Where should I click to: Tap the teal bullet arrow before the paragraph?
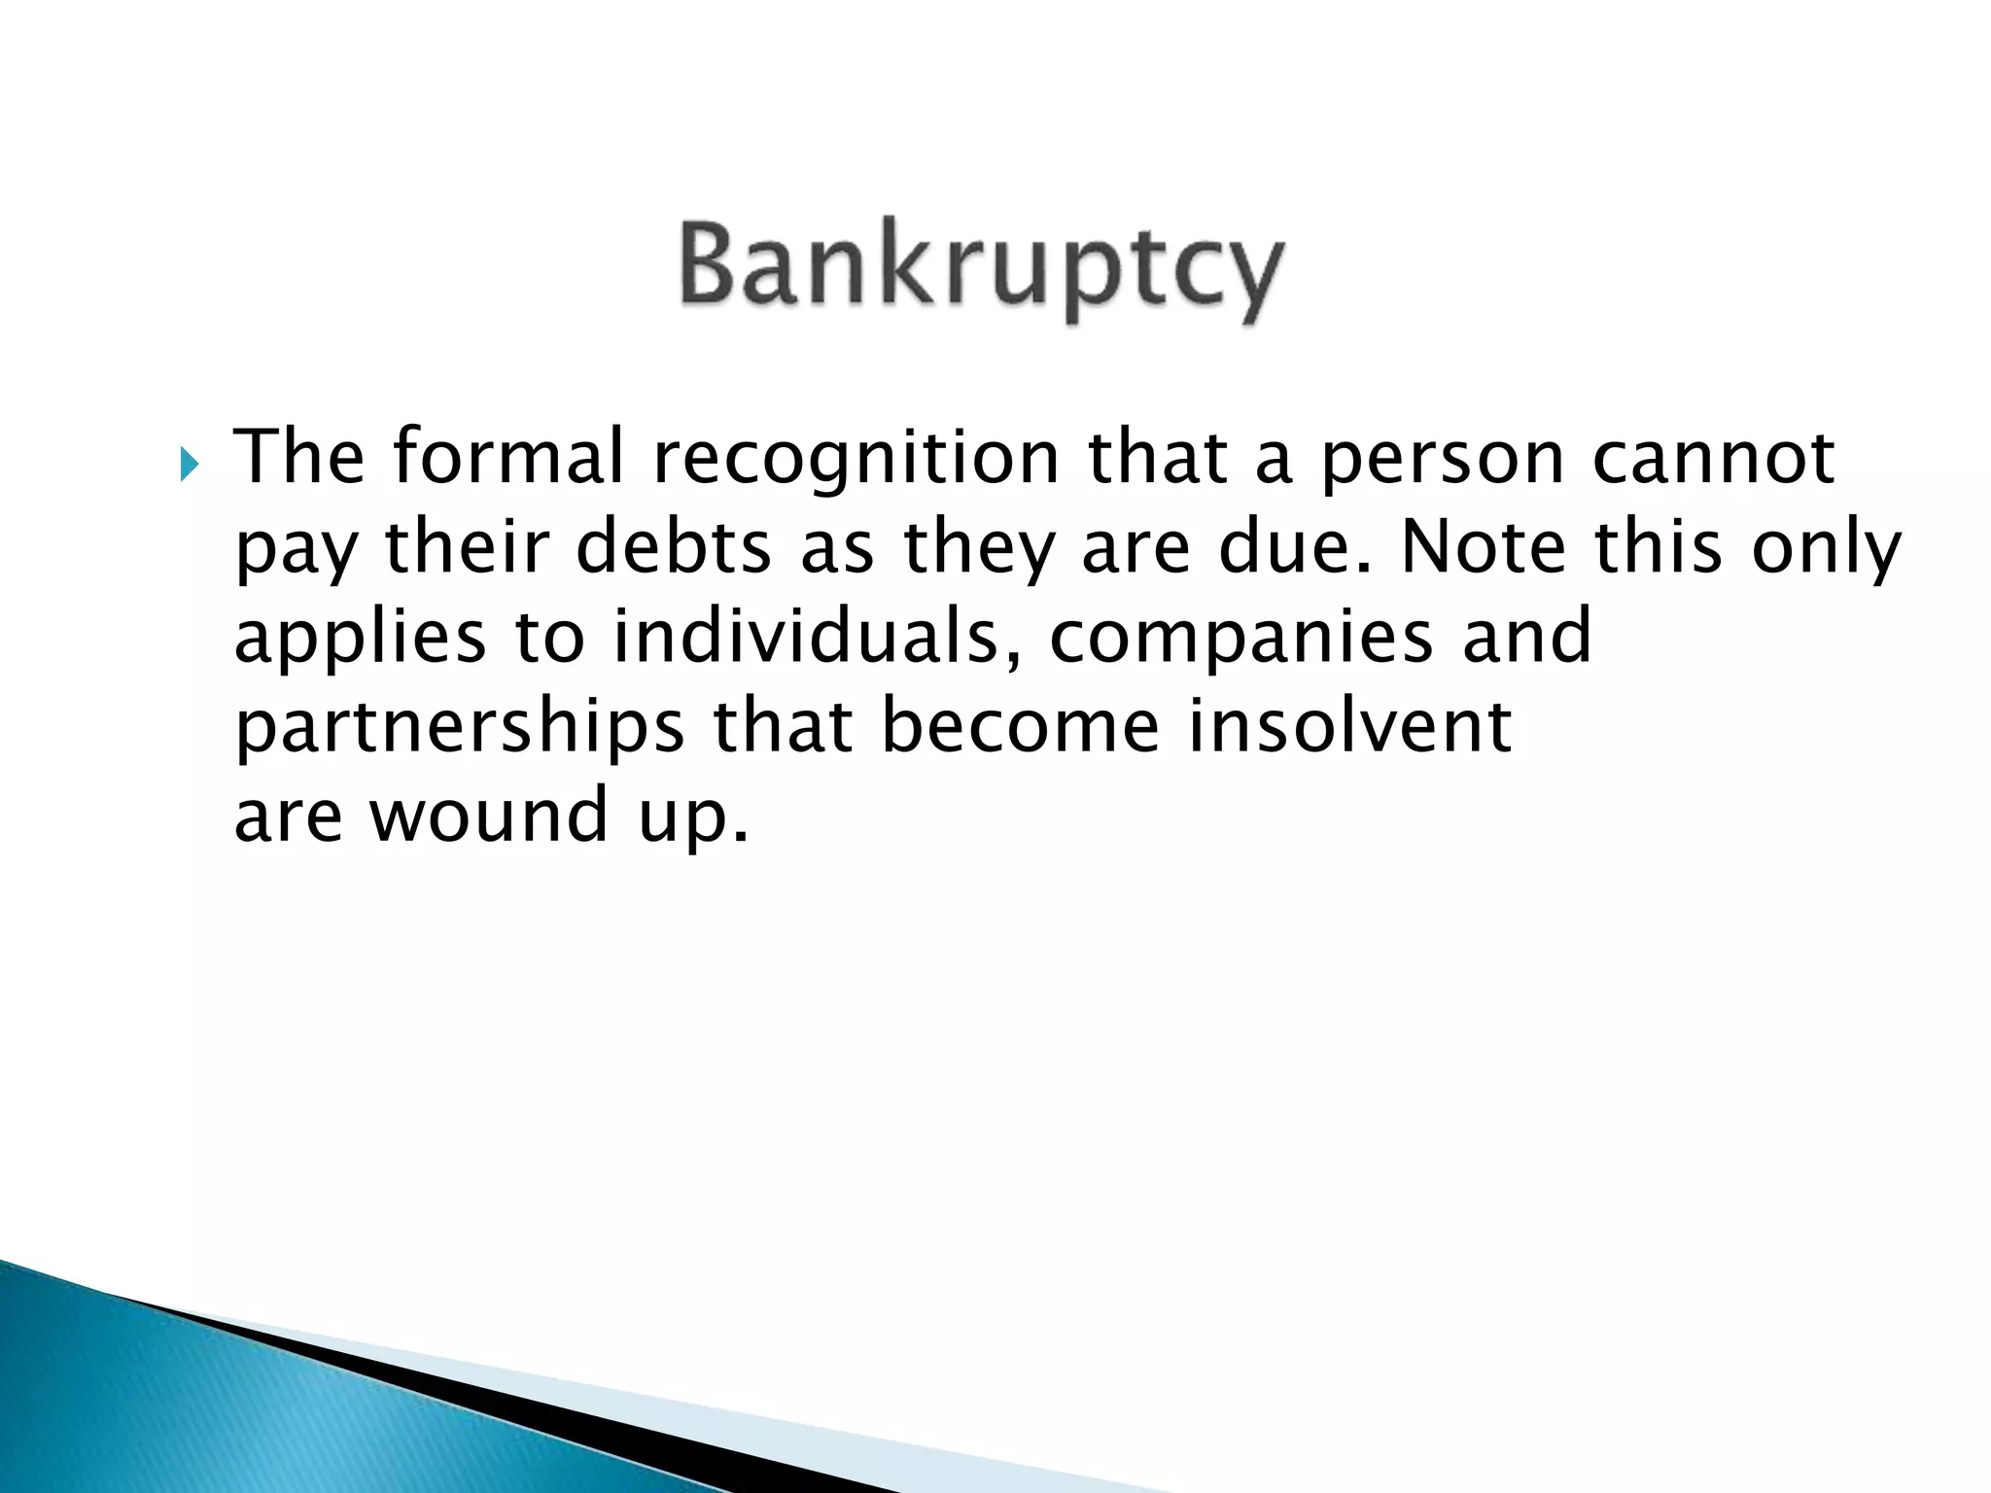[189, 468]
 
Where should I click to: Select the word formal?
[508, 456]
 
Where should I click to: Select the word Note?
[1484, 545]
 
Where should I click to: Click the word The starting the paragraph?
[299, 456]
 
